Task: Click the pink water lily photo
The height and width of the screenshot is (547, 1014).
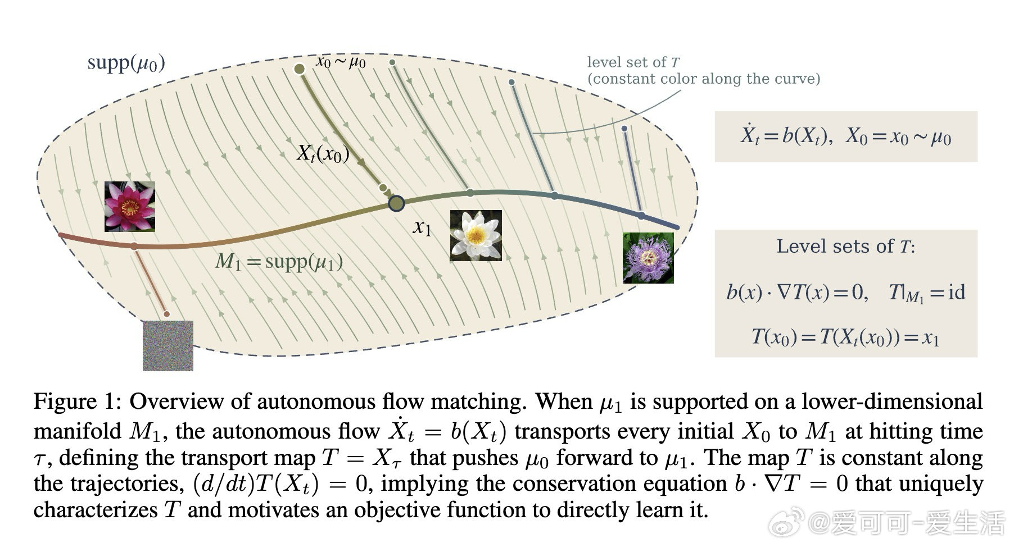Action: pos(130,207)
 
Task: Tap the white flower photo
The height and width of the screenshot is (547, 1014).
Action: pos(476,235)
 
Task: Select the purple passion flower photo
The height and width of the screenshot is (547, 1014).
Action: pos(648,258)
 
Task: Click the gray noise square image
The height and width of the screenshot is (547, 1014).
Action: pos(168,345)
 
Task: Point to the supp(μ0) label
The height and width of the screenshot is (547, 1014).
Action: pos(126,63)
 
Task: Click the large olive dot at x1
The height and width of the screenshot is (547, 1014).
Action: pos(396,203)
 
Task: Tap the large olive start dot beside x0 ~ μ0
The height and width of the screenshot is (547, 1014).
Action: pos(300,69)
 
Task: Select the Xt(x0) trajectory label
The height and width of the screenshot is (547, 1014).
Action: pos(323,153)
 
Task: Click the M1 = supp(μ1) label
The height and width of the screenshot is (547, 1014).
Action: pos(279,262)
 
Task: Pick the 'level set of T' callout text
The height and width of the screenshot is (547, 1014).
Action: pos(704,70)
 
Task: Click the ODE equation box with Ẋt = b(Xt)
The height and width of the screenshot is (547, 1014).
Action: pos(846,136)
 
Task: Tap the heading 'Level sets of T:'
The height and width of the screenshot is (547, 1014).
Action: pos(846,246)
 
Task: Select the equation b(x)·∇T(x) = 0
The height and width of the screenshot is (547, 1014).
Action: pos(797,292)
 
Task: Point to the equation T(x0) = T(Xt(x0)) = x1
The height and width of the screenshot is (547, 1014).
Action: pos(846,337)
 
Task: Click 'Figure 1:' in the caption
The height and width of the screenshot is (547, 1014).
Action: pos(78,402)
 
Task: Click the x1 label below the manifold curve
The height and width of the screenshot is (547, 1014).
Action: pos(422,227)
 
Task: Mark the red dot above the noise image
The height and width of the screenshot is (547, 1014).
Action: pos(166,314)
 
